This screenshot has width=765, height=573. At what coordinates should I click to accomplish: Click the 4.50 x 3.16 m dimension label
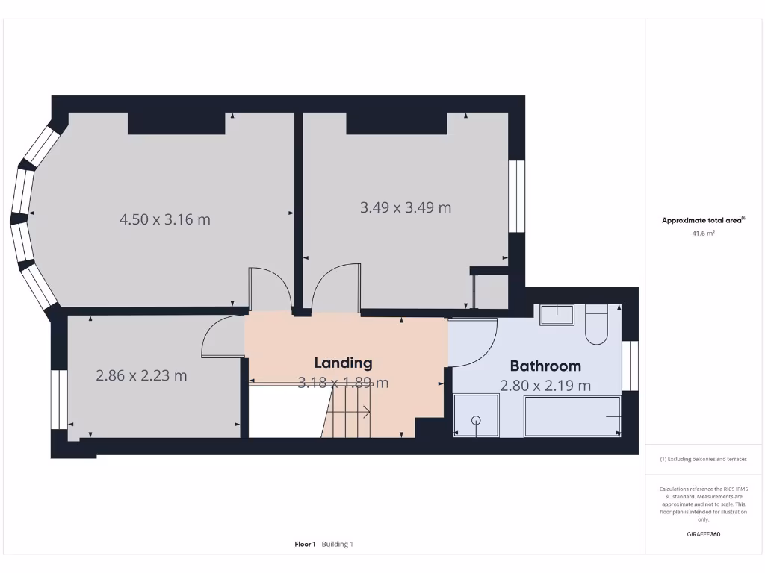[x=164, y=219]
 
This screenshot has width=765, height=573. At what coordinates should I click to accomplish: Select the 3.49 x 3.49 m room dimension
[x=406, y=207]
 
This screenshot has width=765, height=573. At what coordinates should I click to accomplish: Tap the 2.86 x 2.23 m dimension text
[x=141, y=375]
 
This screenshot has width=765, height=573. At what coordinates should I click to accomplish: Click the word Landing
[x=343, y=363]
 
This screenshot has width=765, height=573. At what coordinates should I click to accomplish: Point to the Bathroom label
[x=545, y=366]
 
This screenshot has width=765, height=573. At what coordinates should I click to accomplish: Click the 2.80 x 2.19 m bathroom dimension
[x=545, y=386]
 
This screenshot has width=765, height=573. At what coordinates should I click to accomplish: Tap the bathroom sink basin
[x=556, y=315]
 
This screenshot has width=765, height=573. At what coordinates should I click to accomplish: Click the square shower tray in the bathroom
[x=476, y=416]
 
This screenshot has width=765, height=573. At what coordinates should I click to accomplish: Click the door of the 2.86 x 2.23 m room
[x=222, y=336]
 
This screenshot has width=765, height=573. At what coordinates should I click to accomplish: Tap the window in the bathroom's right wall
[x=631, y=366]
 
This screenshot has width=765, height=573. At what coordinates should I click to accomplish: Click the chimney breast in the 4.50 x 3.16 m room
[x=176, y=123]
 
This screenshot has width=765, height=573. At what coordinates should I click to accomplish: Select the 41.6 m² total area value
[x=703, y=234]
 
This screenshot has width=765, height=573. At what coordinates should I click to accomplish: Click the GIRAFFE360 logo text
[x=703, y=534]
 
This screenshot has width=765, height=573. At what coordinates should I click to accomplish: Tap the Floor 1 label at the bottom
[x=305, y=544]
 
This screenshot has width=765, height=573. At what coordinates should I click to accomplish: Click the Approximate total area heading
[x=701, y=220]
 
